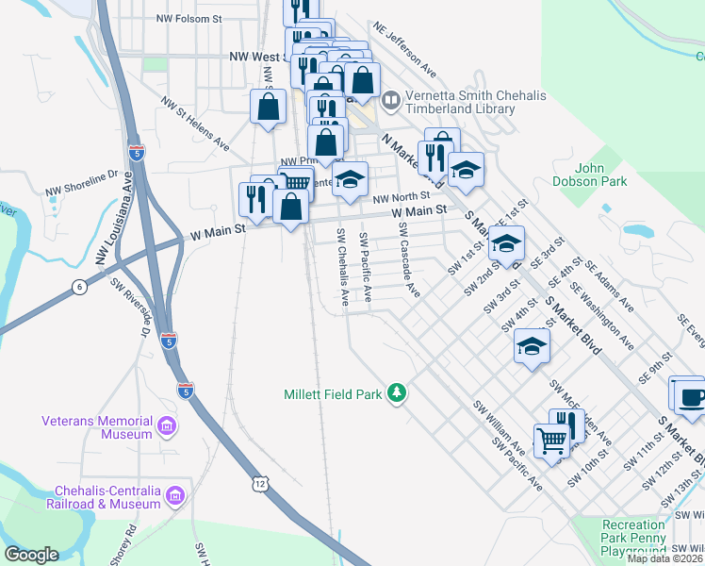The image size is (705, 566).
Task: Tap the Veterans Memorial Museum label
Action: [x=97, y=427]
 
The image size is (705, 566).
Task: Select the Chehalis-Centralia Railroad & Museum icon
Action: [x=174, y=495]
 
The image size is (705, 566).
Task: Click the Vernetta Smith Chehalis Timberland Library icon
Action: [x=391, y=97]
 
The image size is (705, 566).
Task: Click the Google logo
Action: [x=32, y=555]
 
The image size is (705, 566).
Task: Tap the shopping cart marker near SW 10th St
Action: [x=551, y=440]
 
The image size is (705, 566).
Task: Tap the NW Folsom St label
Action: [x=189, y=18]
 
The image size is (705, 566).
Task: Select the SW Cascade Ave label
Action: [x=408, y=260]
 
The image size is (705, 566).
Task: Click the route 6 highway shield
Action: [x=81, y=286]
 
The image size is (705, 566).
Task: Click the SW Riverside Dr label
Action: [x=132, y=308]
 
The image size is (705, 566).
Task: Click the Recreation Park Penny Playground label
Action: [x=634, y=531]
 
